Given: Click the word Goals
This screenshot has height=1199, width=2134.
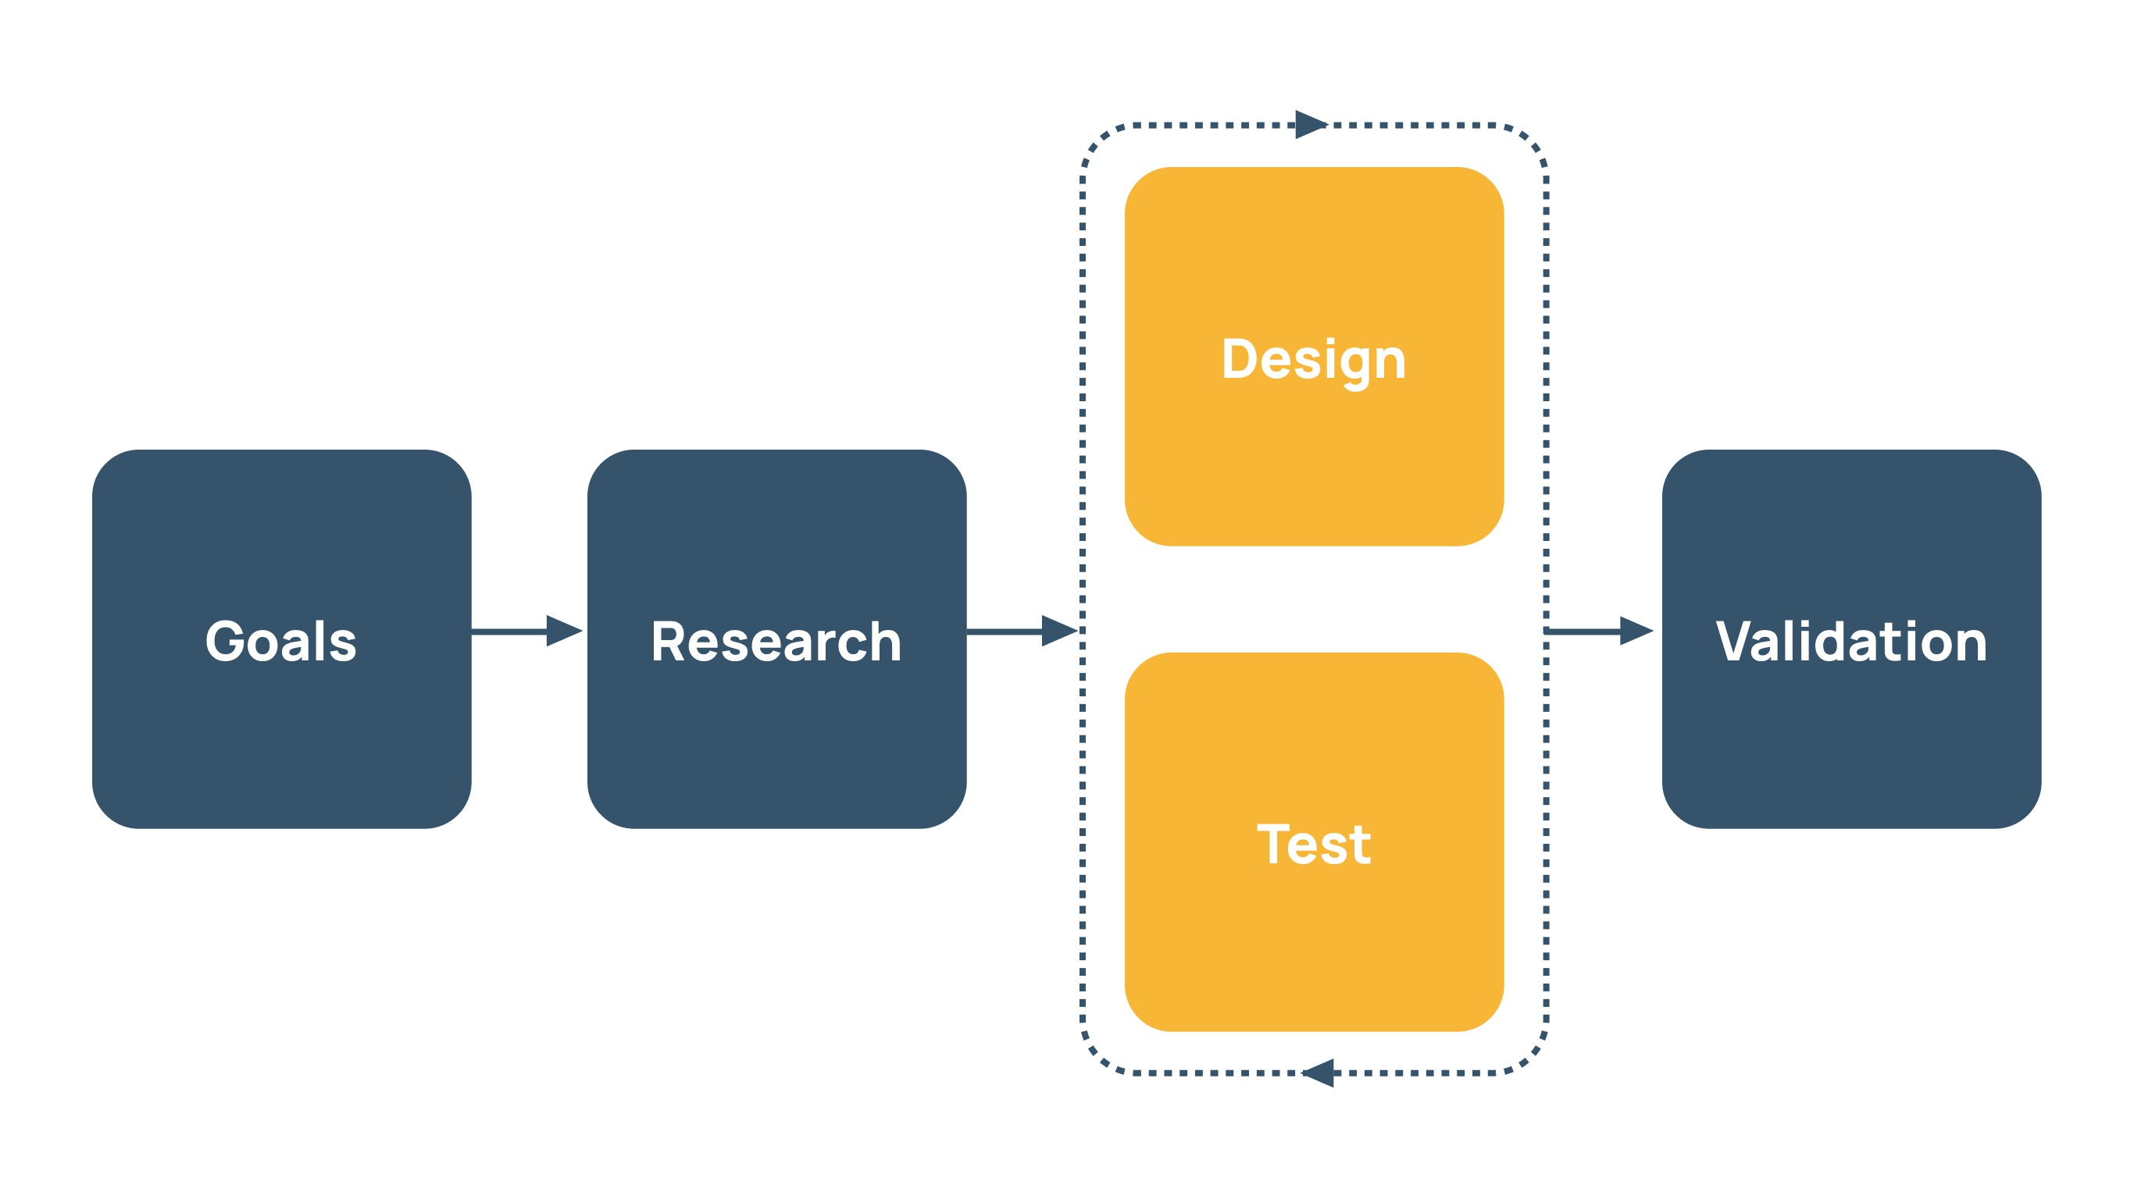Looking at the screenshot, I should click(281, 642).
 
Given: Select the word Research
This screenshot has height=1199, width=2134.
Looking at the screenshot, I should click(776, 642).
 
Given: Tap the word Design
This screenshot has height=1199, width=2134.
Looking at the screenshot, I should click(1314, 360).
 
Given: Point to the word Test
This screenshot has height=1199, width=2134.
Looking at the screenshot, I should click(1314, 845).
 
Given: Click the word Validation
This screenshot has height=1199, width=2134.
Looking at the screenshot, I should click(1851, 642).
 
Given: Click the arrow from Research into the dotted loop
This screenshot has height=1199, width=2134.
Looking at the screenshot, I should click(1022, 631).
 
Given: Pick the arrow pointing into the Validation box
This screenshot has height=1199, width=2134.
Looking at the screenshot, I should click(1599, 631).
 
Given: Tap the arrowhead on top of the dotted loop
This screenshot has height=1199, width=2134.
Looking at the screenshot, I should click(1311, 125).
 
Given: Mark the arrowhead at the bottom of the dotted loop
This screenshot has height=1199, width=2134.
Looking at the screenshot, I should click(1319, 1073).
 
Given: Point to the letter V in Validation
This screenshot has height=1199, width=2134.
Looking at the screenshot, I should click(1735, 642).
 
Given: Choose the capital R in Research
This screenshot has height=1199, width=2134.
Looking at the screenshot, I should click(669, 642).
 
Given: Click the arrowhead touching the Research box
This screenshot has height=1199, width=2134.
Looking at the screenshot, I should click(564, 631).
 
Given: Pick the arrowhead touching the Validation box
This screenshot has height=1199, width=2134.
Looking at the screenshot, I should click(1636, 631).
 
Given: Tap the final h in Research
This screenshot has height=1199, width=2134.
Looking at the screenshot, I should click(883, 642).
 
